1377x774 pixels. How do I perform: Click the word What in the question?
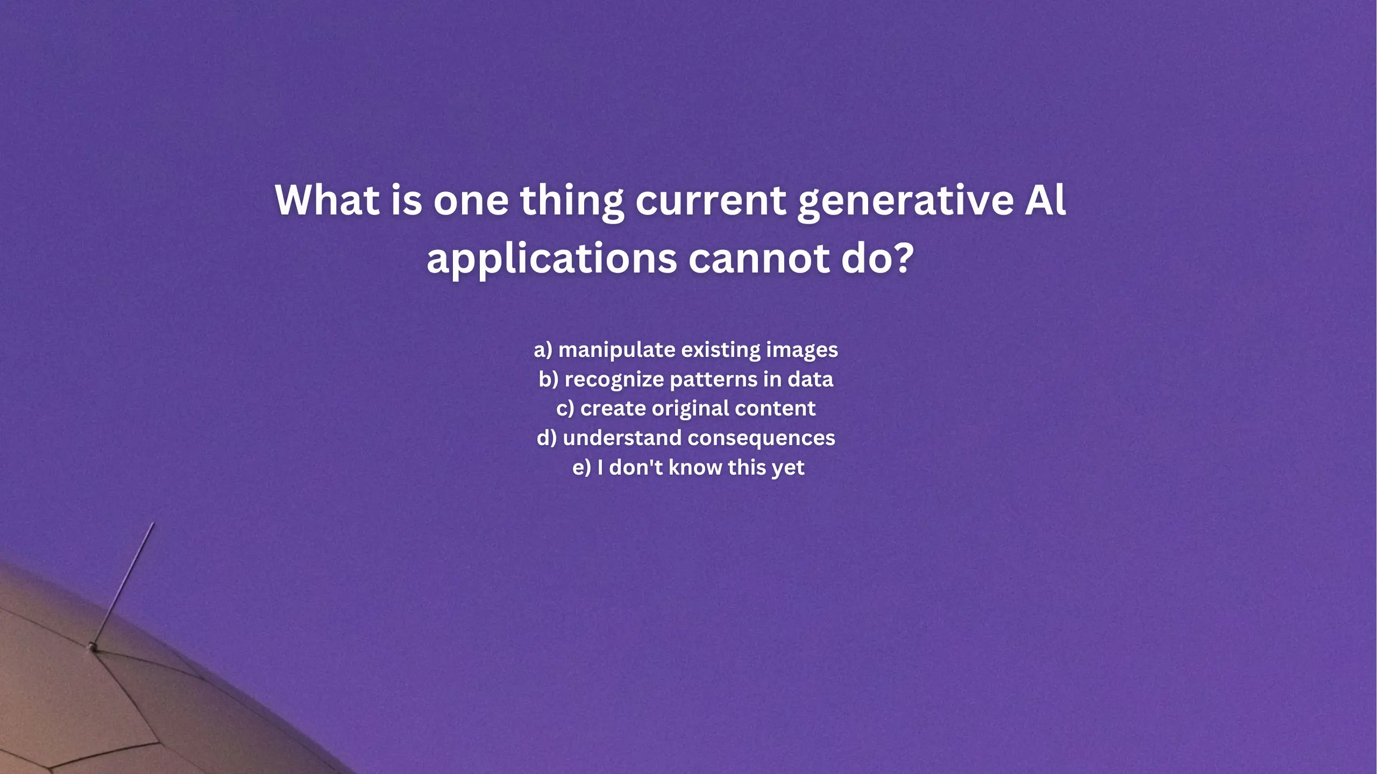point(328,200)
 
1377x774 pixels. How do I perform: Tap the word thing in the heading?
point(572,202)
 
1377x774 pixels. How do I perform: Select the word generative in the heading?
point(906,202)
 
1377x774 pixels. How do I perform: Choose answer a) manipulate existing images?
point(686,350)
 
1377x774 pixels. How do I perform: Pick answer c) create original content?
point(686,409)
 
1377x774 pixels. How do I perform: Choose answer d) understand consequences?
point(686,438)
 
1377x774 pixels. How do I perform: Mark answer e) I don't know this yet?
point(688,468)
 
